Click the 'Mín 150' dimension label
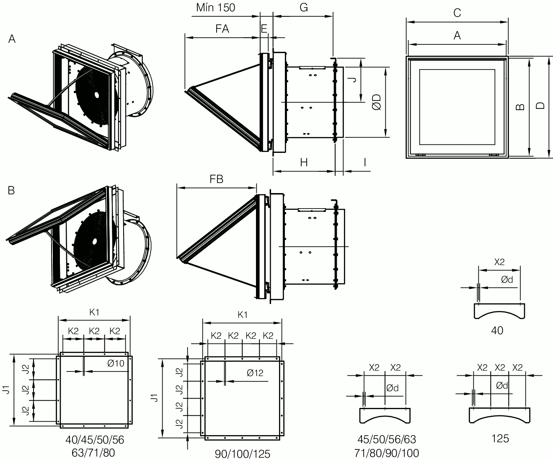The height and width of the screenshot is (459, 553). (x=215, y=8)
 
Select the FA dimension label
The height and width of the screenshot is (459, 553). (x=222, y=29)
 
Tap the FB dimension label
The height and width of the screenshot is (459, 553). (x=217, y=179)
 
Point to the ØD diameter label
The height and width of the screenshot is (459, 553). (x=377, y=102)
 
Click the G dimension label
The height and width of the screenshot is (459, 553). (x=304, y=8)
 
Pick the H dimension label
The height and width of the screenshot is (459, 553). (x=304, y=162)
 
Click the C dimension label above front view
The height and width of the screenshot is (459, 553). (x=457, y=13)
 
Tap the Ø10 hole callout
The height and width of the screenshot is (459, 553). (x=116, y=363)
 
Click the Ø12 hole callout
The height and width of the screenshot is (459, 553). (x=255, y=373)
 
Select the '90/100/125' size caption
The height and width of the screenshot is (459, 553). (x=243, y=454)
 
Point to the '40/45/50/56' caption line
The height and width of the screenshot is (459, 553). (x=95, y=440)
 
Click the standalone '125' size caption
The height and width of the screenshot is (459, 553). (x=500, y=438)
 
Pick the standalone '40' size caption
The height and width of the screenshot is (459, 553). (x=497, y=330)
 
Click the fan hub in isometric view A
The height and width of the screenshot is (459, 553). (x=97, y=95)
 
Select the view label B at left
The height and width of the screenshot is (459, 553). (x=11, y=191)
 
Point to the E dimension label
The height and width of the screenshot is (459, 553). (x=264, y=29)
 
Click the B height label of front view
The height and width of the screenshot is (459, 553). (x=520, y=107)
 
